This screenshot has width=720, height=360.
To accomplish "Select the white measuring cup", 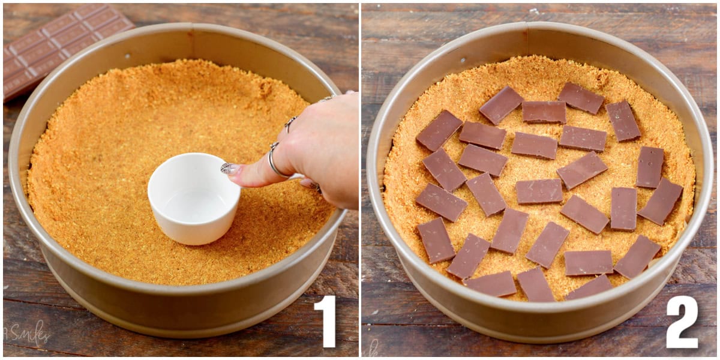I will pos(193,198).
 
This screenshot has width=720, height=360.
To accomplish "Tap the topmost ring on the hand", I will pos(328,98).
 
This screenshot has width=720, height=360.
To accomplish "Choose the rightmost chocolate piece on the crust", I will pos(661,201).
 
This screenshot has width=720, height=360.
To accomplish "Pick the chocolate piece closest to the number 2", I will pos(637,257).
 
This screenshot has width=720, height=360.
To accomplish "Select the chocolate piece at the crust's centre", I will pos(539,191).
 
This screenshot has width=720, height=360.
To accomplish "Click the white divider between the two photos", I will pos(360,180).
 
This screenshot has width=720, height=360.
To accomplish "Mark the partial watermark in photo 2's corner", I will pos(373,347).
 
